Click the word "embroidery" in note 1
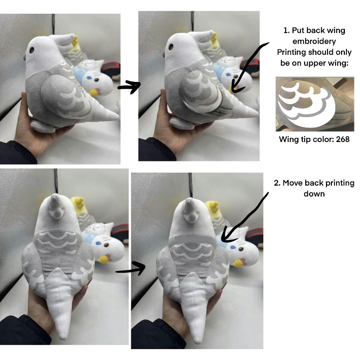[314, 41]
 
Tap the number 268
[342, 139]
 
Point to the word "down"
[314, 194]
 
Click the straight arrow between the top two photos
[129, 87]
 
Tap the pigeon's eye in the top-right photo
[171, 47]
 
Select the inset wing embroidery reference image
[315, 104]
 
